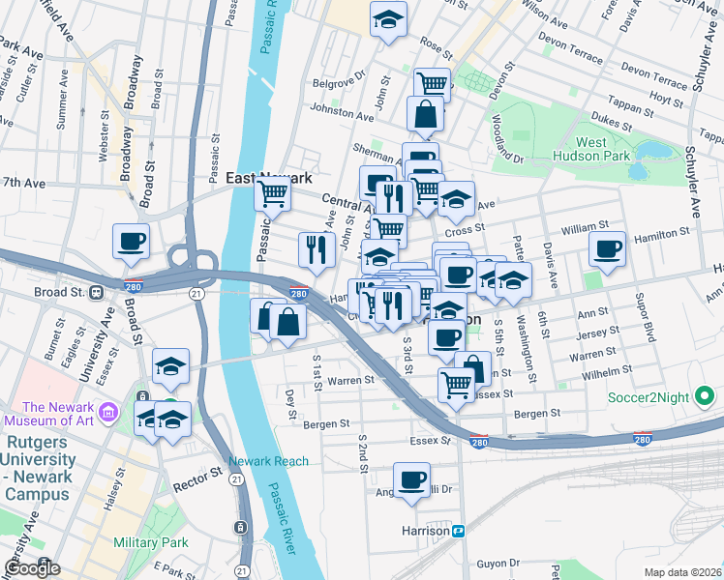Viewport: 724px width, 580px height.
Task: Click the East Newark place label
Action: (269, 178)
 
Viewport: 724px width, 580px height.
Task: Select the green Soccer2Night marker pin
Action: (706, 396)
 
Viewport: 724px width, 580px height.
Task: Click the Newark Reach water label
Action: (269, 461)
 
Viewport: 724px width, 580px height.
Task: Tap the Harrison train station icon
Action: (460, 531)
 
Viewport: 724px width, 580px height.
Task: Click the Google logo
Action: (32, 567)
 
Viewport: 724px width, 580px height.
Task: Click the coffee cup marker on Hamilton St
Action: (608, 250)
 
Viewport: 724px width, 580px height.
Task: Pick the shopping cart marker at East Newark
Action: (273, 193)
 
